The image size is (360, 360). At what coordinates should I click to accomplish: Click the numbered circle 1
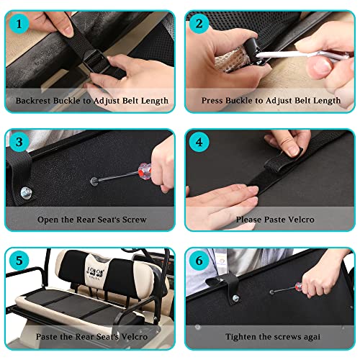click(x=19, y=24)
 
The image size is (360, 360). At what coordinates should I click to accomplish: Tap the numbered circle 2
click(x=199, y=24)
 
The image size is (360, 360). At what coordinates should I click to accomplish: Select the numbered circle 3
click(x=19, y=142)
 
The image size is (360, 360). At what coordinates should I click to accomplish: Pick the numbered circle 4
click(x=199, y=142)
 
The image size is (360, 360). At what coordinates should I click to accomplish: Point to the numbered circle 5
click(x=19, y=261)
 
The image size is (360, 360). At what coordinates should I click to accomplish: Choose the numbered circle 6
click(x=199, y=261)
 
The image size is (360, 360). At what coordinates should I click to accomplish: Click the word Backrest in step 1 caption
click(x=33, y=101)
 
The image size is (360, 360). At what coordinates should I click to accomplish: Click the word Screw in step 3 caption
click(x=134, y=220)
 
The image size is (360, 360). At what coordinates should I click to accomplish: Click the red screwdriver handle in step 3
click(x=145, y=170)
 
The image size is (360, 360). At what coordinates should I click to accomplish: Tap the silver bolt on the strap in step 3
click(x=26, y=192)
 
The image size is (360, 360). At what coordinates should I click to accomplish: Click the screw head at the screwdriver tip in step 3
click(x=94, y=181)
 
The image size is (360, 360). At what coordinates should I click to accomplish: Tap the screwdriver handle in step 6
click(x=299, y=287)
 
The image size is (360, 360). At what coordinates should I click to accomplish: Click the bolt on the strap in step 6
click(x=235, y=298)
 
